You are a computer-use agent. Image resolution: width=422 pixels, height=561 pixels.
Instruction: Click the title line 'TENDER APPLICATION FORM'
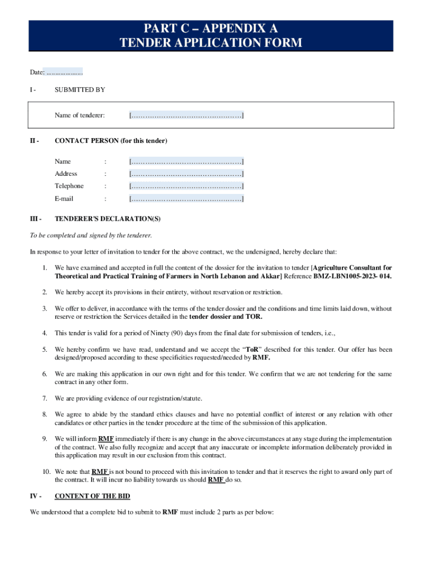(211, 43)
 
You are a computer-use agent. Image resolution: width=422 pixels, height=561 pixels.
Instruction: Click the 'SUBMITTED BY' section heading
(80, 89)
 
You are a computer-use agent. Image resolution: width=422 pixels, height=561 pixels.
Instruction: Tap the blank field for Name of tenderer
(186, 115)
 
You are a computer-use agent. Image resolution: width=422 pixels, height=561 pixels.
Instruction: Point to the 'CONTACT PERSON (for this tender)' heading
(111, 141)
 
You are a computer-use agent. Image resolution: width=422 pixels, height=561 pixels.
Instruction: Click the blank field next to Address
(186, 174)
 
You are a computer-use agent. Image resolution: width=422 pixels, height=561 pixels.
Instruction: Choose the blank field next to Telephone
(186, 186)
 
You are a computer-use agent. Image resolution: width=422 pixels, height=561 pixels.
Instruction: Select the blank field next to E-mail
(186, 199)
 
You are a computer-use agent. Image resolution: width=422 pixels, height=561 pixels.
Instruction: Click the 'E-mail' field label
(64, 199)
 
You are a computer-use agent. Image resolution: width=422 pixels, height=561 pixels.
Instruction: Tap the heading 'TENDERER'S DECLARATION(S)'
(108, 219)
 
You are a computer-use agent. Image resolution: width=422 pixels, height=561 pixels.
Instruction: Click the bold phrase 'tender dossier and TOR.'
(226, 317)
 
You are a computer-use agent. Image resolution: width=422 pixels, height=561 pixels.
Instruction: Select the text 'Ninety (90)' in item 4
(153, 333)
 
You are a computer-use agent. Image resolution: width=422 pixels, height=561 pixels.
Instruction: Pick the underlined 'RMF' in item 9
(106, 439)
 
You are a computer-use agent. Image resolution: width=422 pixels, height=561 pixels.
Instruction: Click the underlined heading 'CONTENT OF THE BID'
(92, 496)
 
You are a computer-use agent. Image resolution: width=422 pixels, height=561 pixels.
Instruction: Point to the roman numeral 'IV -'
(35, 496)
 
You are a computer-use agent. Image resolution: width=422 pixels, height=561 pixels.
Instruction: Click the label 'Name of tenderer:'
(79, 115)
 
